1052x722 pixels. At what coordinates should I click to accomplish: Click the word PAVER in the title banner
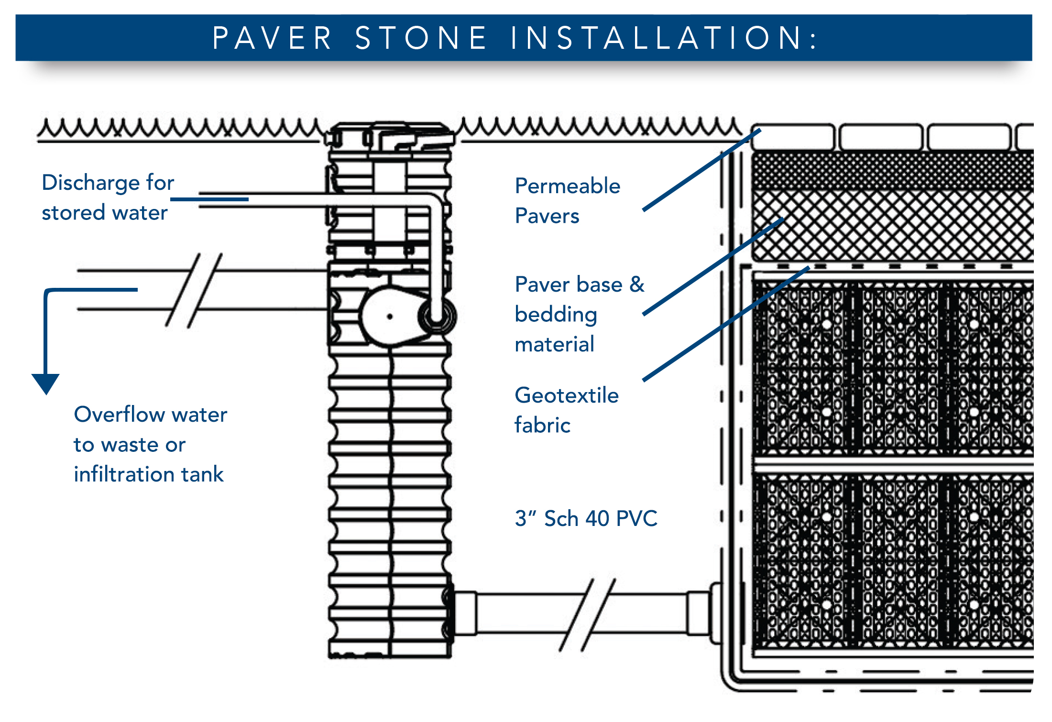tap(272, 38)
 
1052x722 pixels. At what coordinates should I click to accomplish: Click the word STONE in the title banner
tap(421, 38)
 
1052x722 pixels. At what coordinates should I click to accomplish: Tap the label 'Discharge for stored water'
tap(108, 197)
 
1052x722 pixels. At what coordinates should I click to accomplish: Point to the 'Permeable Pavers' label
tap(567, 201)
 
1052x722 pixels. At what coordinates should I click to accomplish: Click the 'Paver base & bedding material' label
tap(579, 314)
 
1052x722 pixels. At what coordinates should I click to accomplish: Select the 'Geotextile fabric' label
tap(567, 410)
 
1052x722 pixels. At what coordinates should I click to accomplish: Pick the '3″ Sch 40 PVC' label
tap(586, 518)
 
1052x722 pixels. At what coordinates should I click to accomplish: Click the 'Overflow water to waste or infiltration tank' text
tap(150, 444)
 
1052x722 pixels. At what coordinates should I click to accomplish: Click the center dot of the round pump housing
tap(390, 317)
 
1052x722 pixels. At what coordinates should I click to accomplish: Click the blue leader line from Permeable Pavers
tap(701, 170)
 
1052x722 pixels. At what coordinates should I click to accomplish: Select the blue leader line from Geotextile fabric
tap(726, 324)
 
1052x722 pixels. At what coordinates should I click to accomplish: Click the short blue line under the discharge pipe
tap(209, 199)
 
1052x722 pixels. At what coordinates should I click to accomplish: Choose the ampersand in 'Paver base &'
tap(637, 284)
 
